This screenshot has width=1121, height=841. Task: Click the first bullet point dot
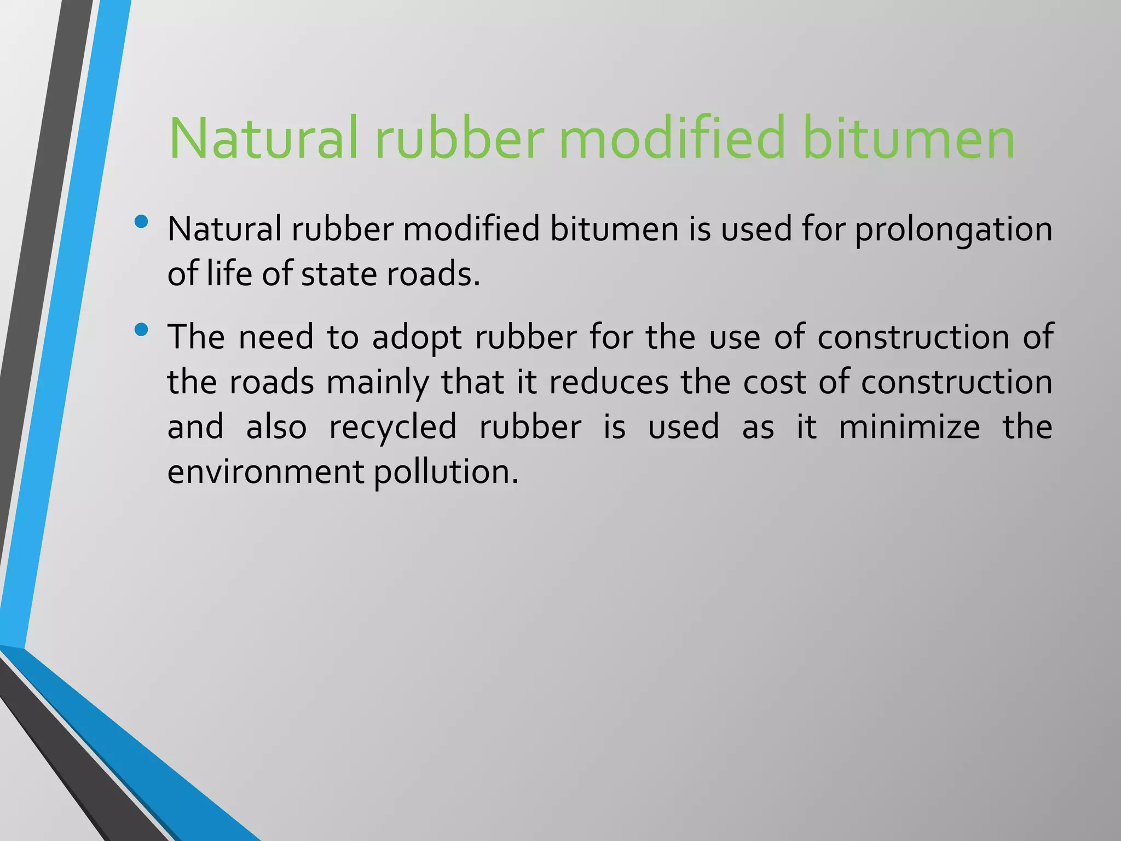coord(141,222)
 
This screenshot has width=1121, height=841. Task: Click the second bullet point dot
coord(141,330)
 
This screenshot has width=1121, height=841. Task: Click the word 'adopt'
coord(417,337)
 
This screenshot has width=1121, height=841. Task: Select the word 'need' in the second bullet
coord(276,337)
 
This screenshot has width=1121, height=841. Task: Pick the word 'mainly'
coord(378,382)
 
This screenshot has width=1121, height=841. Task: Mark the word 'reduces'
coord(609,382)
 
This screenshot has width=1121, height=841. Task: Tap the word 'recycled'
coord(393,427)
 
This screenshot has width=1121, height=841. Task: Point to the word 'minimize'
coord(909,427)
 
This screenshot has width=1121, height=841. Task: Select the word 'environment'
coord(265,472)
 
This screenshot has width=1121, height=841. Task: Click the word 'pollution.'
coord(446,472)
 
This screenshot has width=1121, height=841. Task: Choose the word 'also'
coord(276,427)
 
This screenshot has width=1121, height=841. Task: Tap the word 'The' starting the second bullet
coord(195,337)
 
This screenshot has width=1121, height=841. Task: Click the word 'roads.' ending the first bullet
coord(433,274)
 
